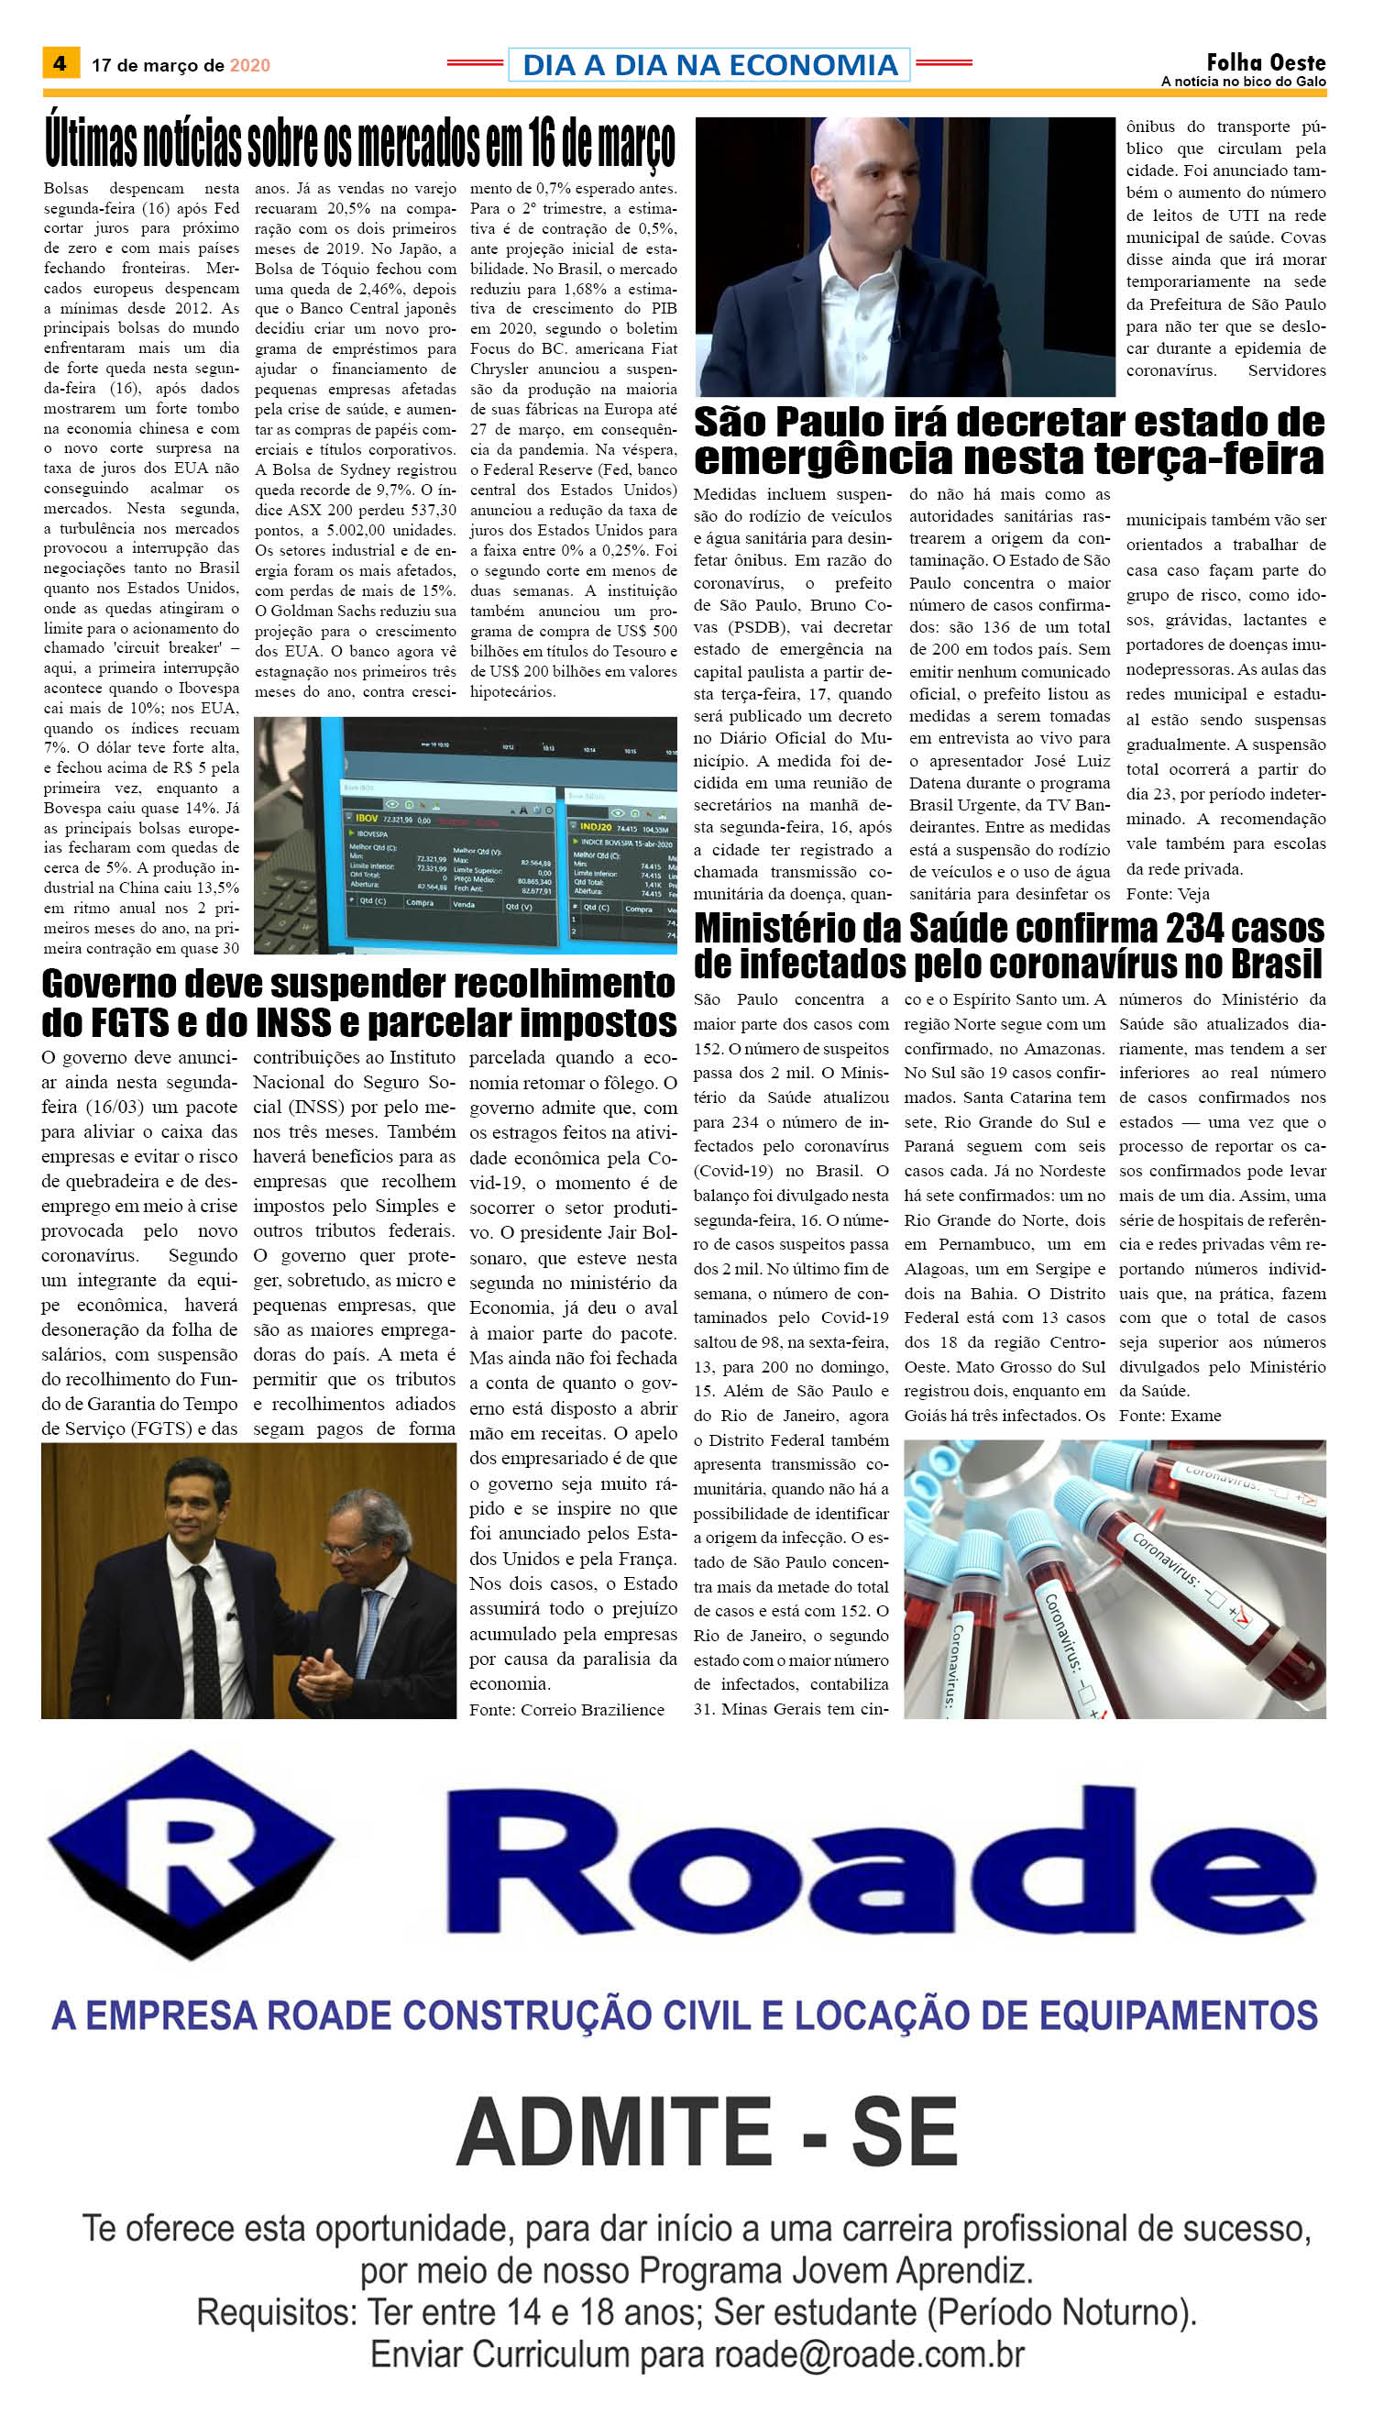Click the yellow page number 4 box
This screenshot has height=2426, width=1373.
(x=60, y=63)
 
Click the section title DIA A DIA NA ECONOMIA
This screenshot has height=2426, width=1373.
(x=709, y=65)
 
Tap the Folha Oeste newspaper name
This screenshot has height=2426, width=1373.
(x=1266, y=62)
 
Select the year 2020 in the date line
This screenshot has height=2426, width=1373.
(x=250, y=65)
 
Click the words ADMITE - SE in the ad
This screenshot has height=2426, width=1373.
(x=708, y=2134)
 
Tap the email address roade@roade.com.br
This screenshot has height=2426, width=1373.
(x=869, y=2354)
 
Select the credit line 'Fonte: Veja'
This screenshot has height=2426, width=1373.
(x=1168, y=893)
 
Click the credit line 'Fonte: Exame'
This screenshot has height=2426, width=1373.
(x=1170, y=1415)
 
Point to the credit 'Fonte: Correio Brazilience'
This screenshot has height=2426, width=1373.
(x=566, y=1709)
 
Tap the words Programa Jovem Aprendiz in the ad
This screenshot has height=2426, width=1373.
(x=836, y=2270)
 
